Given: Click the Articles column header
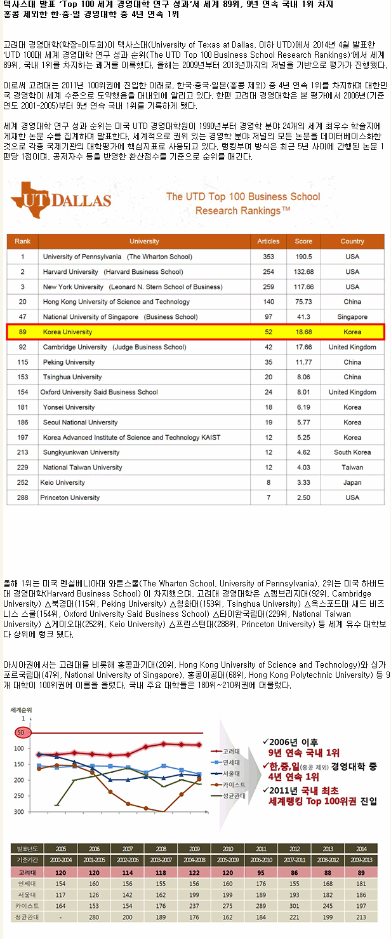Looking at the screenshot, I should tap(268, 241).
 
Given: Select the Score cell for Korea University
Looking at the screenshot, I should tap(303, 332).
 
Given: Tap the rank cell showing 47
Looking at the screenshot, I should tap(23, 316).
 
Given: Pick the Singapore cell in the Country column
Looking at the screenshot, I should tap(352, 316).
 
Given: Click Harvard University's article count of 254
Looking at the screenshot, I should tap(268, 272).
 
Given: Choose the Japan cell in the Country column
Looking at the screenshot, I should tap(352, 483).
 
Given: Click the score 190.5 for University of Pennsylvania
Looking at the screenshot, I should tap(303, 257).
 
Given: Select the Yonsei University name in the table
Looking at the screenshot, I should tap(69, 407).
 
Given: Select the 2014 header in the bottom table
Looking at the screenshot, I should tap(361, 849).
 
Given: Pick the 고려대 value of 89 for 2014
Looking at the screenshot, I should tap(361, 872).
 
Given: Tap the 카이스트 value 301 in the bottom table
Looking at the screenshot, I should tap(294, 905).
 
